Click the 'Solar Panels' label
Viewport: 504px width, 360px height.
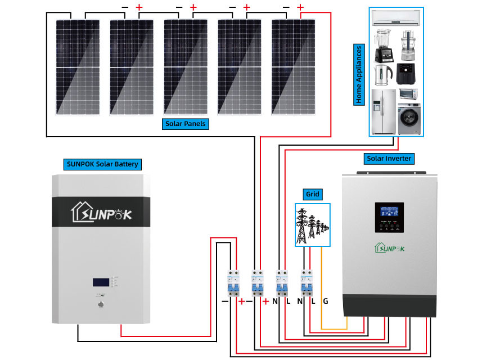coord(185,124)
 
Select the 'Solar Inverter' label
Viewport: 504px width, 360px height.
coord(389,159)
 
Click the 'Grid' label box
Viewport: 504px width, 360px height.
coord(313,194)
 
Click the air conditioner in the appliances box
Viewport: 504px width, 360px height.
coord(396,19)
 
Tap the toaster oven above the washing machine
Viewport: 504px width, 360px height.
coord(408,94)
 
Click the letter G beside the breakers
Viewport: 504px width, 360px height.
coord(326,301)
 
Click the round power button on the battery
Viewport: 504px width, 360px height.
coord(101,305)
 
